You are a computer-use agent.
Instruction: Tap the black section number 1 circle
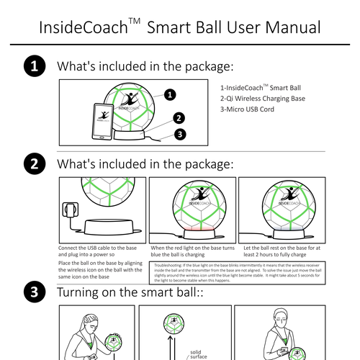coord(33,67)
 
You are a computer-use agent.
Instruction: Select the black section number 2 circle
coord(33,163)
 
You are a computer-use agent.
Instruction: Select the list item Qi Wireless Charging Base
coord(258,98)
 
